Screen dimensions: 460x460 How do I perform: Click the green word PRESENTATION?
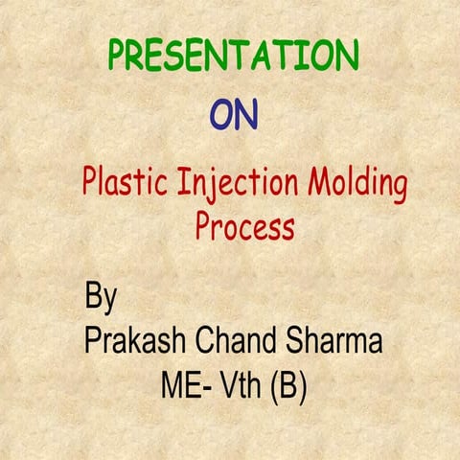[x=233, y=56]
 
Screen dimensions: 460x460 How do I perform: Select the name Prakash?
[x=136, y=341]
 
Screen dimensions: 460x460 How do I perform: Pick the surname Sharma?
[x=337, y=340]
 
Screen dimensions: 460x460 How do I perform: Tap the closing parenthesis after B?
[x=302, y=387]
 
